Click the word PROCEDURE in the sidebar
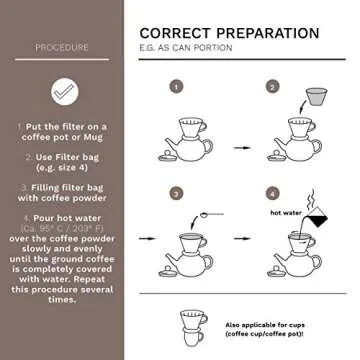[61, 47]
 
